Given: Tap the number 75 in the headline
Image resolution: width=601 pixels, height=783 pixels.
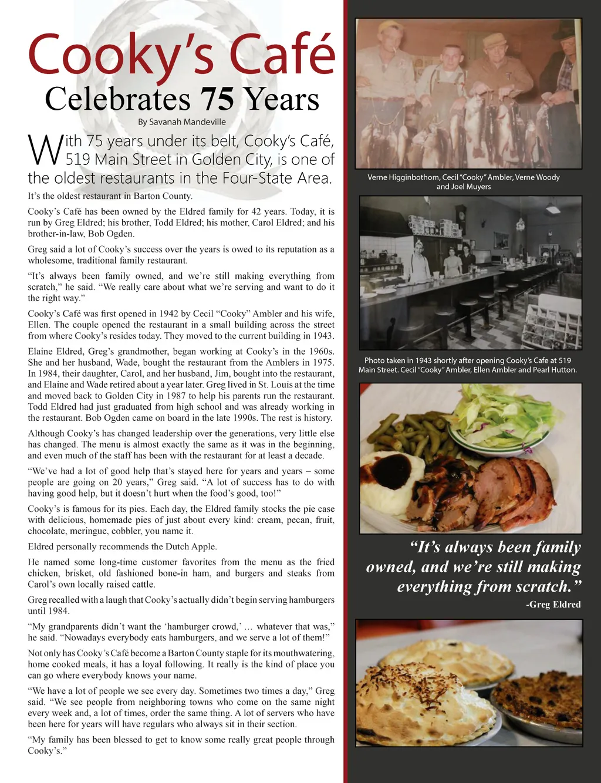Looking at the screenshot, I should click(217, 99).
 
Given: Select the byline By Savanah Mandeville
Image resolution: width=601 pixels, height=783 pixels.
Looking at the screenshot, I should click(181, 122).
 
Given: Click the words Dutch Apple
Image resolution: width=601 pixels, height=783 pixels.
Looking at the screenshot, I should click(191, 546).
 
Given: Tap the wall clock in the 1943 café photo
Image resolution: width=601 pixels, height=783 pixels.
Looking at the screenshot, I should click(461, 215).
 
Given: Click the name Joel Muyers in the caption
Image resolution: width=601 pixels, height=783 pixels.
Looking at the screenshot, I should click(471, 187).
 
